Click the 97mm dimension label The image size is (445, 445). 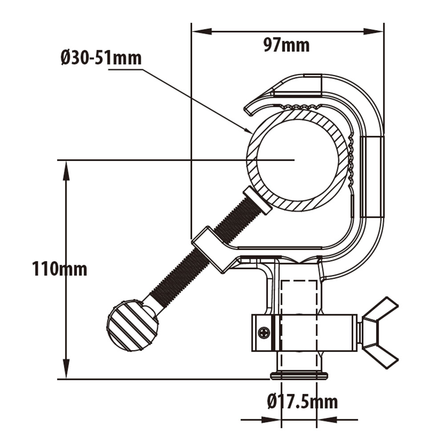pyautogui.click(x=286, y=45)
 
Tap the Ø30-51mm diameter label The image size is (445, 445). pyautogui.click(x=101, y=58)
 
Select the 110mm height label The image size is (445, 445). pyautogui.click(x=60, y=269)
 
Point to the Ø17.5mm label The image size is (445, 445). pyautogui.click(x=302, y=402)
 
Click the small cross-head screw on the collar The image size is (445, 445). pyautogui.click(x=264, y=332)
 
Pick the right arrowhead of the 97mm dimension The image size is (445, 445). pyautogui.click(x=373, y=32)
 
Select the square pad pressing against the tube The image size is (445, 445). pyautogui.click(x=257, y=201)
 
